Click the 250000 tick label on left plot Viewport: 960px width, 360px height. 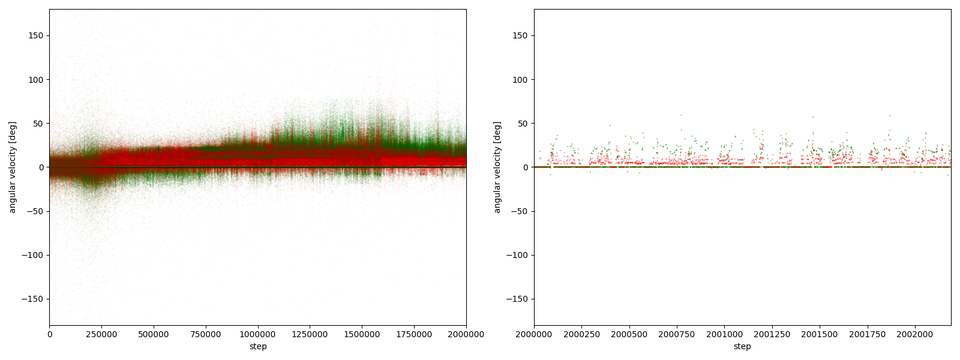tap(101, 334)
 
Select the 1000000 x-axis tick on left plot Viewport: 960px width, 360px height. tap(258, 334)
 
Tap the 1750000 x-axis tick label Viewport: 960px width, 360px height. tap(414, 334)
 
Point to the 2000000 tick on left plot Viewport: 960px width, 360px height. tap(466, 334)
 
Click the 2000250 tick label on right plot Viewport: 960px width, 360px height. tap(581, 334)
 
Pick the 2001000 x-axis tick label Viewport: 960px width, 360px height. tap(724, 334)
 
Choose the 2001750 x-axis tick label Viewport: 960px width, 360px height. tap(867, 334)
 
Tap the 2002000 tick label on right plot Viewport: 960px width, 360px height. tap(915, 334)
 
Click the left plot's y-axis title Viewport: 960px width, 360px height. tap(12, 167)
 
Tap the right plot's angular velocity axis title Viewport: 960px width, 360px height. tap(497, 167)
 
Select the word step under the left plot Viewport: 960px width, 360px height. tap(258, 346)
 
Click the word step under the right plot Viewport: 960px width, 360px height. tap(742, 346)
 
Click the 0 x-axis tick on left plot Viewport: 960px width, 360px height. tap(49, 334)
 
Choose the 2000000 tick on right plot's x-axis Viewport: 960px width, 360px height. tap(534, 334)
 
